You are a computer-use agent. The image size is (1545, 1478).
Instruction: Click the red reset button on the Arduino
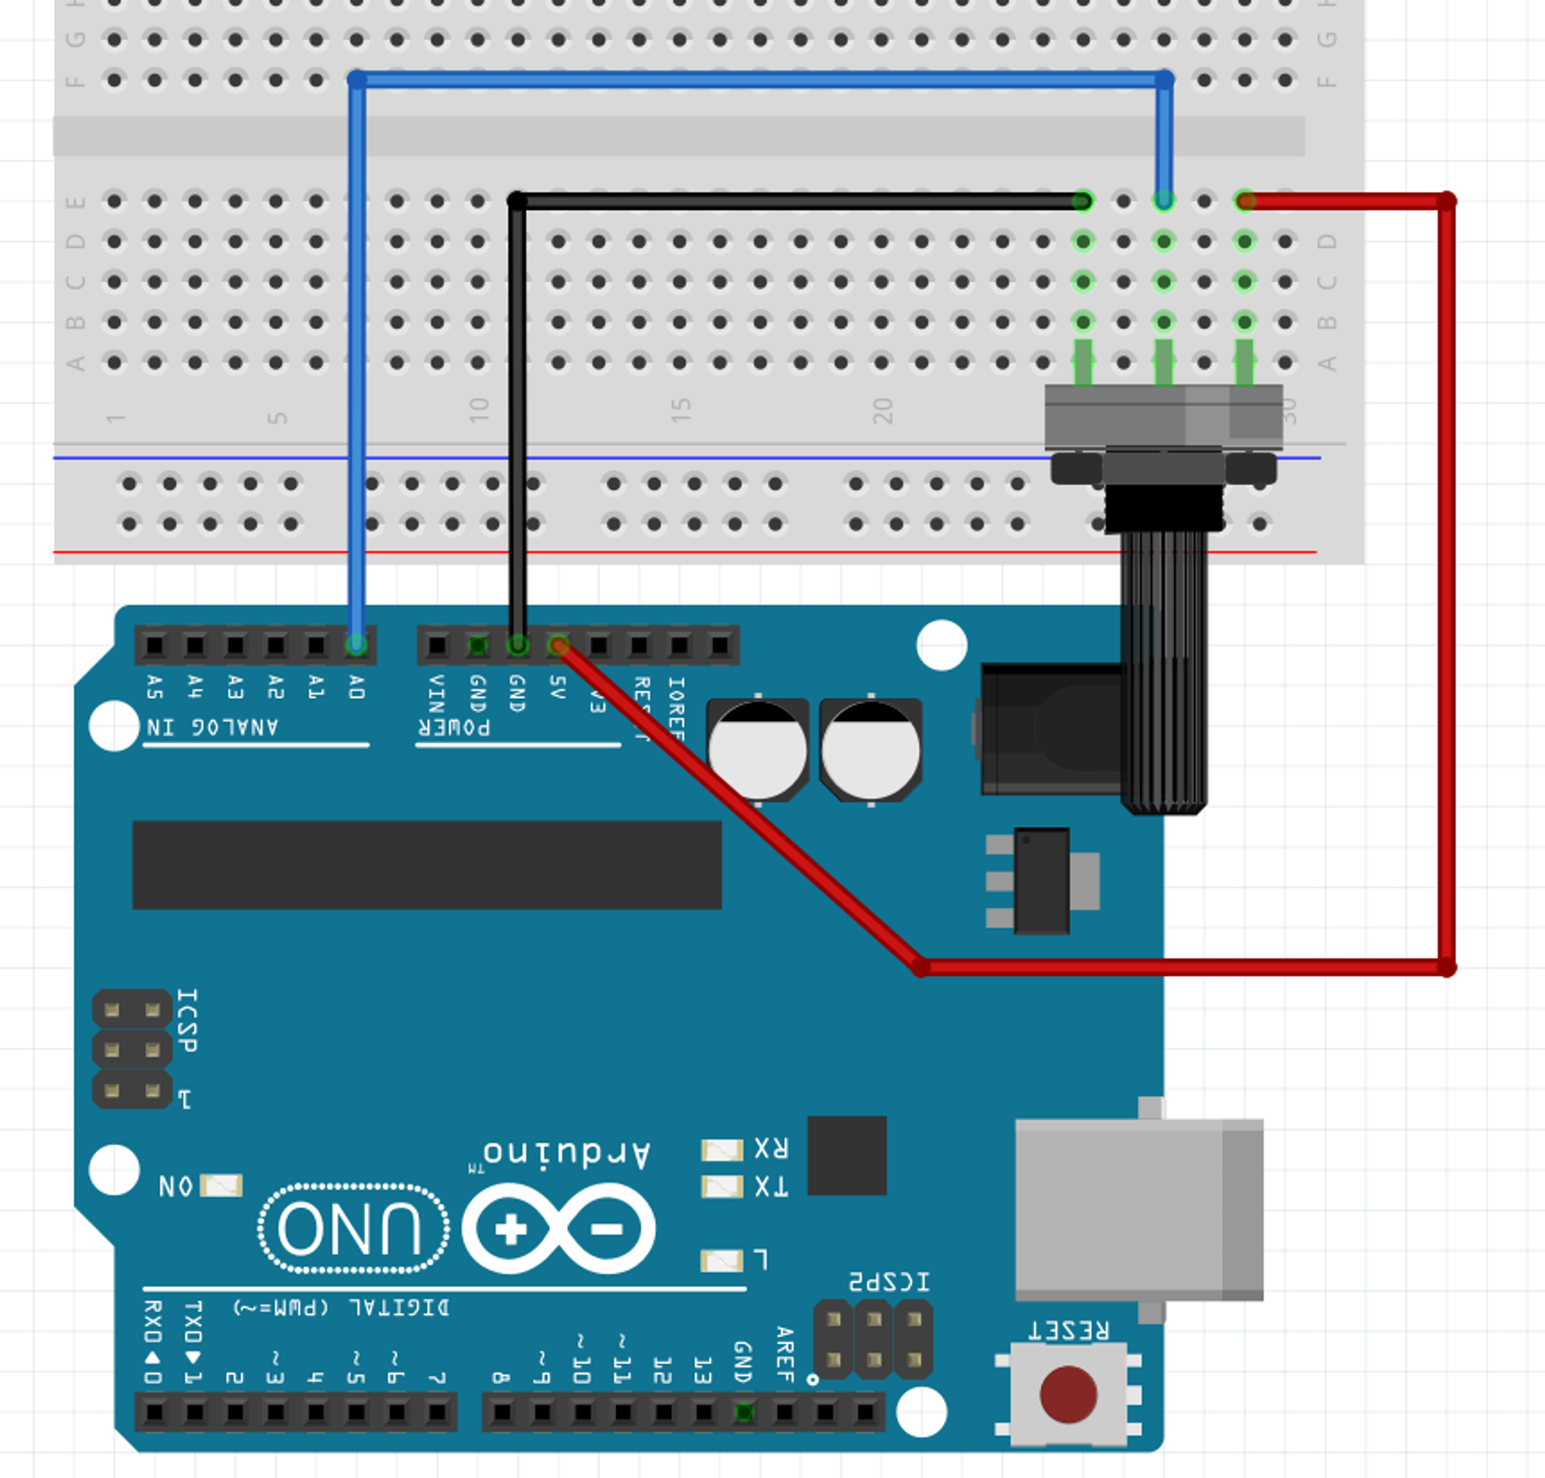coord(1068,1394)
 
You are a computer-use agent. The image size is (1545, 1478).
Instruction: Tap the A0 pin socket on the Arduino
coord(357,645)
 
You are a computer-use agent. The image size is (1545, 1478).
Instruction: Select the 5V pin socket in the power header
coord(558,645)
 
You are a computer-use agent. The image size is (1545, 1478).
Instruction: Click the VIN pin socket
coord(437,645)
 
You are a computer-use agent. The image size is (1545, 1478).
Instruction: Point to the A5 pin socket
coord(154,645)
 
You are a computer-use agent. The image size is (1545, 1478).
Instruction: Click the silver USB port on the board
coord(1139,1208)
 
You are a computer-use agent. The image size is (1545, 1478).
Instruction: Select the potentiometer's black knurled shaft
coord(1164,673)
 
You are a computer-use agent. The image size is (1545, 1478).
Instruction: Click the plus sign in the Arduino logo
coord(511,1229)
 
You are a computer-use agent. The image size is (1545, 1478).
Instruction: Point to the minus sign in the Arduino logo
coord(607,1229)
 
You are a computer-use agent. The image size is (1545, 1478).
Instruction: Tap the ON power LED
coord(221,1186)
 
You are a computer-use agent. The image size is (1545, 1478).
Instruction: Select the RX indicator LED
coord(721,1149)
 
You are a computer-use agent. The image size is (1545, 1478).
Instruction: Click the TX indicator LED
coord(721,1187)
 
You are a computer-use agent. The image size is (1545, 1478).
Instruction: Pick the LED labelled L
coord(721,1261)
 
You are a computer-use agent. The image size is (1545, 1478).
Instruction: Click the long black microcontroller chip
coord(427,865)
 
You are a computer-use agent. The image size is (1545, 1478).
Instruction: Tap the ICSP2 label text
coord(889,1281)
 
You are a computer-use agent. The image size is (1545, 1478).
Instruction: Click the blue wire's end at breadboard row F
coord(358,80)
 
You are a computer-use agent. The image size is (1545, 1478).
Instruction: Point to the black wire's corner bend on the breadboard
coord(516,201)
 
